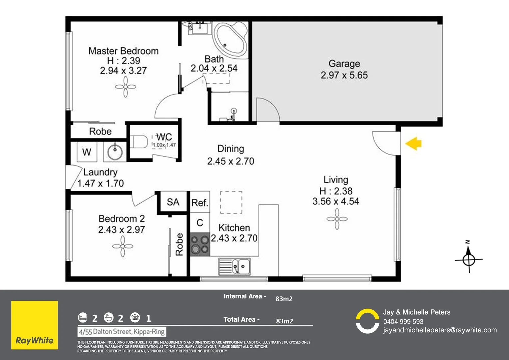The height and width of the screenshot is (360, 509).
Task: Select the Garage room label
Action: coord(344,64)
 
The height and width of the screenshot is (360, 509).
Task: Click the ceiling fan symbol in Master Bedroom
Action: coord(125,87)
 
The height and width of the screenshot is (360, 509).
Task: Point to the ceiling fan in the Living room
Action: coord(337,219)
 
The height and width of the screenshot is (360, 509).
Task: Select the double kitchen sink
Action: coord(234,266)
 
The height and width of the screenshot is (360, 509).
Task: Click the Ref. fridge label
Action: coord(200,203)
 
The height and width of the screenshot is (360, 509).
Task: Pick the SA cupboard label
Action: coord(173,202)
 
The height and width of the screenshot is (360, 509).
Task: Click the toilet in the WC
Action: coord(139,142)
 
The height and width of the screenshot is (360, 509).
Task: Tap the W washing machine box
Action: coord(87,152)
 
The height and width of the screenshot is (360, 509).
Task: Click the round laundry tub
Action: coord(115,152)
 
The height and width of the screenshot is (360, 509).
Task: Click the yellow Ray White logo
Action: coord(35,325)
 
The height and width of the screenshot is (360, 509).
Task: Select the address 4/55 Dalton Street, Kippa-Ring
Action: coord(122,332)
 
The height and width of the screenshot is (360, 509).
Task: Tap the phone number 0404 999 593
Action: coord(403,322)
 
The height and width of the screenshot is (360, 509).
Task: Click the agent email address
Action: coord(440,330)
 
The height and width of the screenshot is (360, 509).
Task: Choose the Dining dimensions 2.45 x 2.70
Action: coord(231,161)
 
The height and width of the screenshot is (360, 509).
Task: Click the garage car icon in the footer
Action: coord(135,318)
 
